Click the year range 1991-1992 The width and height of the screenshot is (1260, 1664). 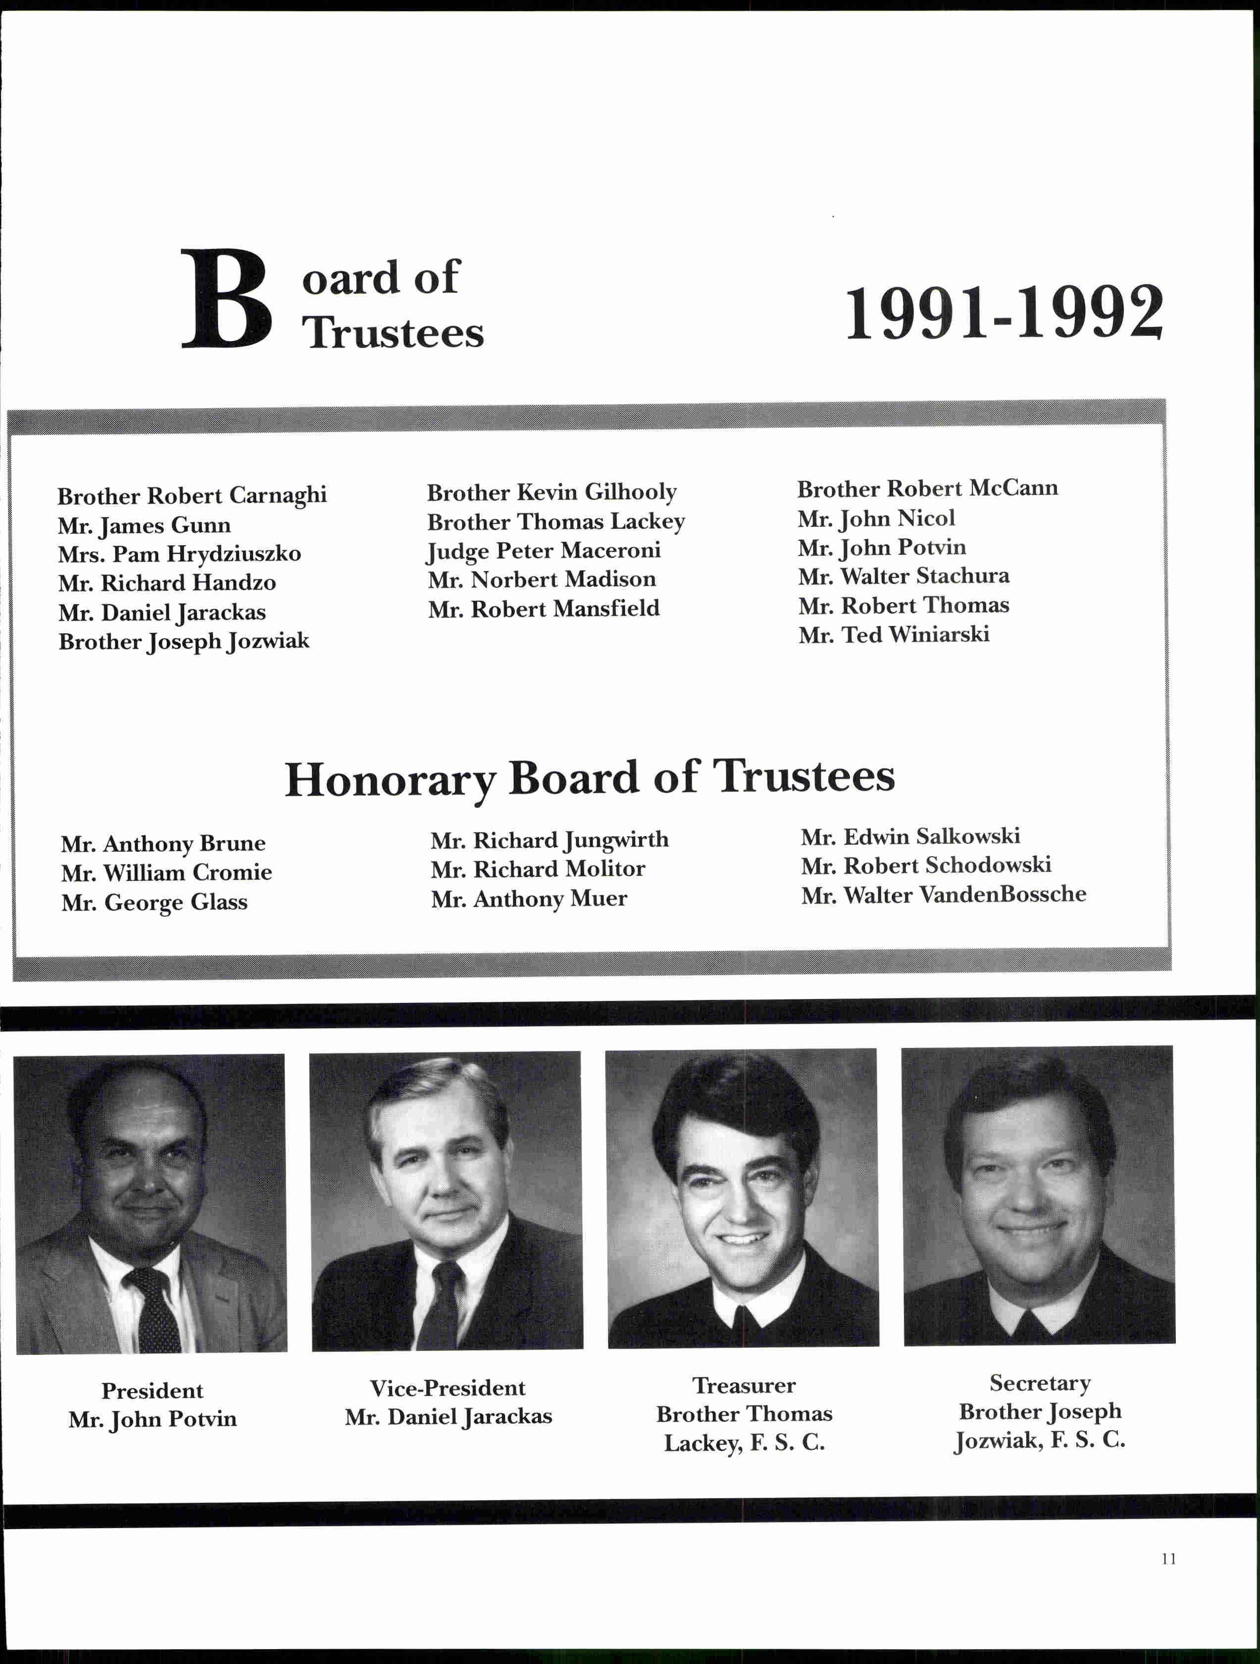pyautogui.click(x=1004, y=313)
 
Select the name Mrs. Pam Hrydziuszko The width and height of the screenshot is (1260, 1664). pyautogui.click(x=179, y=554)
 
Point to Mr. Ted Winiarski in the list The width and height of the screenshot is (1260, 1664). pyautogui.click(x=894, y=635)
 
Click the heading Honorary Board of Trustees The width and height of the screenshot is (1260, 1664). pyautogui.click(x=590, y=778)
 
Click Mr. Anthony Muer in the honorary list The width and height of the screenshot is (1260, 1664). pyautogui.click(x=529, y=899)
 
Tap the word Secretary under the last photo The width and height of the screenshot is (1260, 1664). pyautogui.click(x=1040, y=1383)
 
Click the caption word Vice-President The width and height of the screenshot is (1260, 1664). pyautogui.click(x=448, y=1388)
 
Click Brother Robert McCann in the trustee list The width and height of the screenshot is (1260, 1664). pyautogui.click(x=927, y=489)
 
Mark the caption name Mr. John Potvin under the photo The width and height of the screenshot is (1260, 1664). pyautogui.click(x=152, y=1419)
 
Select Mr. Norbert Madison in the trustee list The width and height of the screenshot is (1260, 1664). pyautogui.click(x=542, y=579)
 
